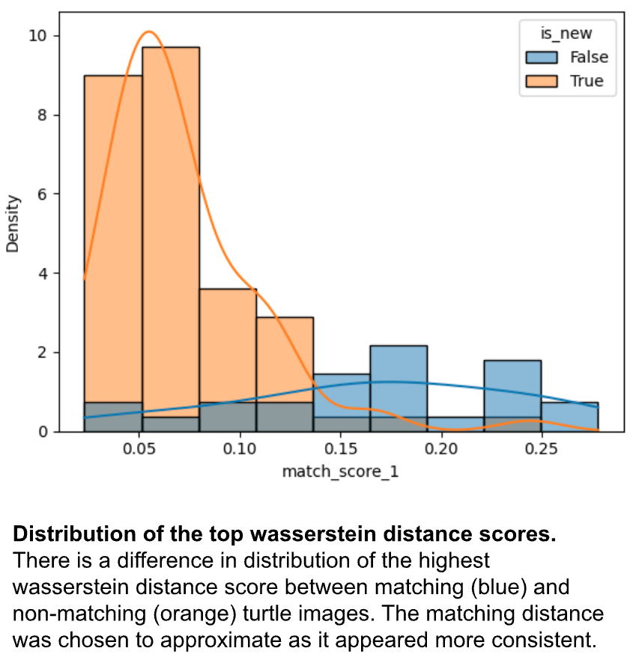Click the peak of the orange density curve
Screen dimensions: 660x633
(x=149, y=32)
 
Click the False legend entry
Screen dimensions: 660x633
(x=589, y=58)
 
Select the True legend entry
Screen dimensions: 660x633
(x=587, y=82)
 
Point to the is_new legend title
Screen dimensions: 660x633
(x=568, y=33)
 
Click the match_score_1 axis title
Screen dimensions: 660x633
(x=339, y=472)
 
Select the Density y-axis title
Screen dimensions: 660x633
(x=13, y=223)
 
